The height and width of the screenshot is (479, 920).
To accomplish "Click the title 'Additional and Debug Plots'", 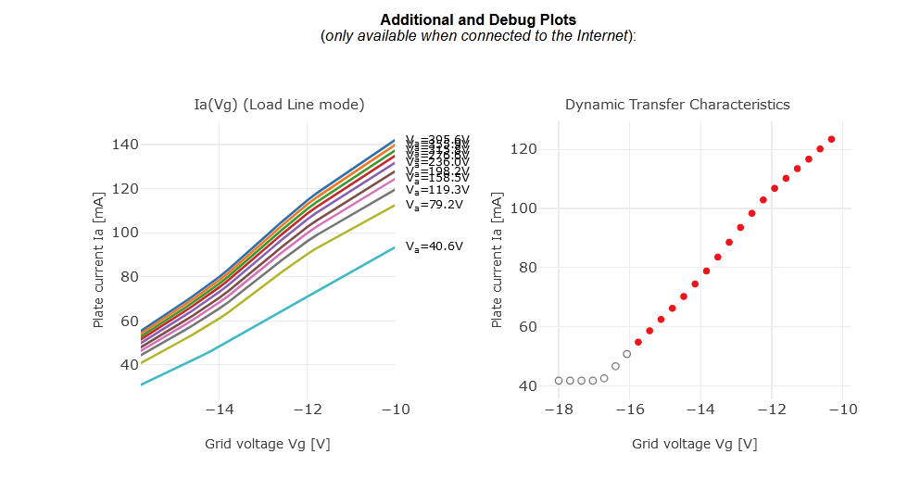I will click(477, 19).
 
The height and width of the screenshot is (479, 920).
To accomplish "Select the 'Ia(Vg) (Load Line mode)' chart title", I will click(279, 105).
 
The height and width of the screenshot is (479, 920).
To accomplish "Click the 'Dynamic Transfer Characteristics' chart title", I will click(677, 105).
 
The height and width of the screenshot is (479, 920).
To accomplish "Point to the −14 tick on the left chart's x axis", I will click(219, 410).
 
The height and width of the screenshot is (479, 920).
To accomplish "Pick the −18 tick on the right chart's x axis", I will click(558, 410).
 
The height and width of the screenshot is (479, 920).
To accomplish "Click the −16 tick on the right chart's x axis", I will click(629, 410).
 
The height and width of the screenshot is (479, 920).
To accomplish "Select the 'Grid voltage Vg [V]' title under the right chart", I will click(694, 444).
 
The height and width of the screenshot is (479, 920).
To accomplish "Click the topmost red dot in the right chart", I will click(831, 139).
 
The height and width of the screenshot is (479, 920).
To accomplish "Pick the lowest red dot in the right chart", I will click(637, 342).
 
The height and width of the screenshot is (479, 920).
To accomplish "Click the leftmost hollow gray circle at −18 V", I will click(559, 381).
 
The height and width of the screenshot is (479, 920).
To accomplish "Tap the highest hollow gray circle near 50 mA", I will click(626, 354).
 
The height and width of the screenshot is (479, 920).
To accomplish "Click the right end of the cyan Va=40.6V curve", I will click(395, 247).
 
